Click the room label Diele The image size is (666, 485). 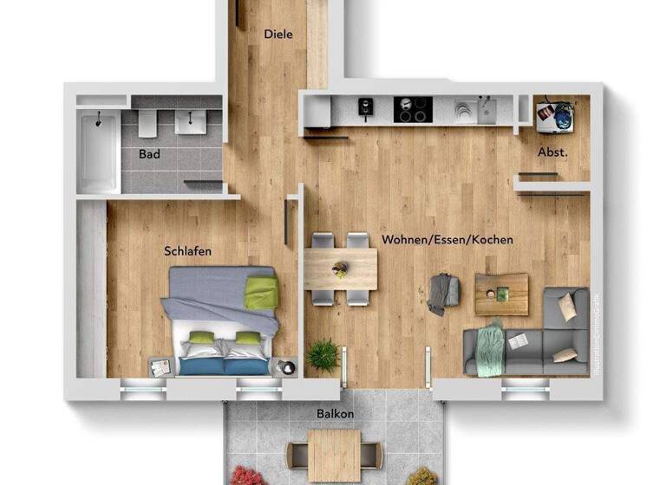[278, 35]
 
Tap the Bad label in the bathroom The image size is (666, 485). [149, 154]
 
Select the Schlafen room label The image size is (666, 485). [188, 251]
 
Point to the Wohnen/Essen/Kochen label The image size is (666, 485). [447, 239]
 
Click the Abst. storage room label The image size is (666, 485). [552, 152]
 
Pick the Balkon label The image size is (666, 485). [334, 414]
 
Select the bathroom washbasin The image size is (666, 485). [189, 122]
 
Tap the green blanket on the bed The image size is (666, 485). [260, 293]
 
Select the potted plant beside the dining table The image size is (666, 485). [323, 354]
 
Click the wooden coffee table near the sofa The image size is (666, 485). [501, 294]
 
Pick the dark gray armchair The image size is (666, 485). [443, 293]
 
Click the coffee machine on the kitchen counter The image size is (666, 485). [366, 107]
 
